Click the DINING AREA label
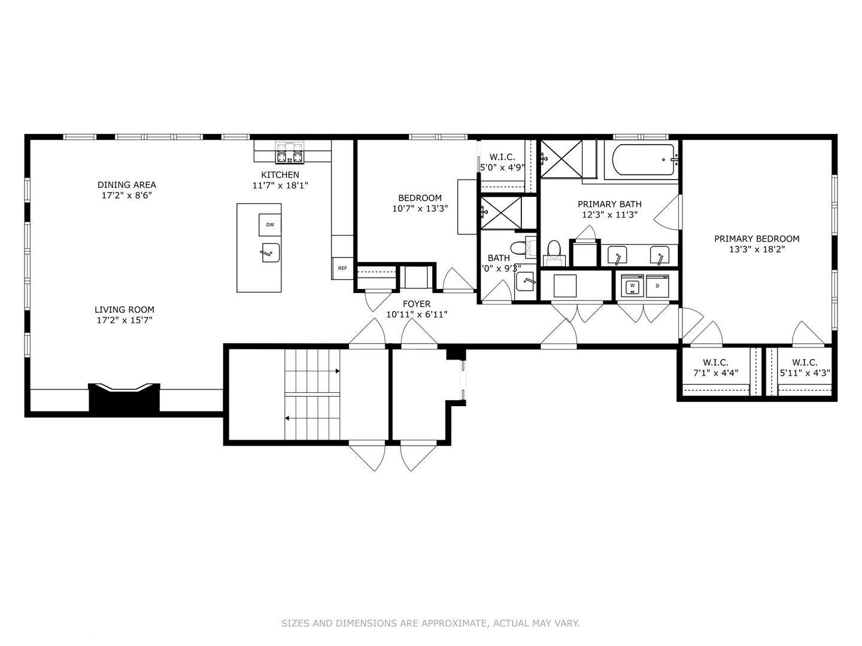coord(126,185)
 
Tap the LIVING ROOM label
coord(125,309)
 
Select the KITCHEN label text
coord(280,175)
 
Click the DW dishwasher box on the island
coord(270,225)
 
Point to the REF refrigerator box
coord(342,268)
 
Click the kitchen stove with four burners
coord(290,153)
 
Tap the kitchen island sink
coord(271,252)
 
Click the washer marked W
coord(632,286)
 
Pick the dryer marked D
coord(657,286)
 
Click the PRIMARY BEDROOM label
coord(757,239)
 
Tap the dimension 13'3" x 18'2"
coord(757,249)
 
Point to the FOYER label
coord(416,304)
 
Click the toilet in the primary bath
coord(554,249)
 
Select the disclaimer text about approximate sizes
coord(430,623)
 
